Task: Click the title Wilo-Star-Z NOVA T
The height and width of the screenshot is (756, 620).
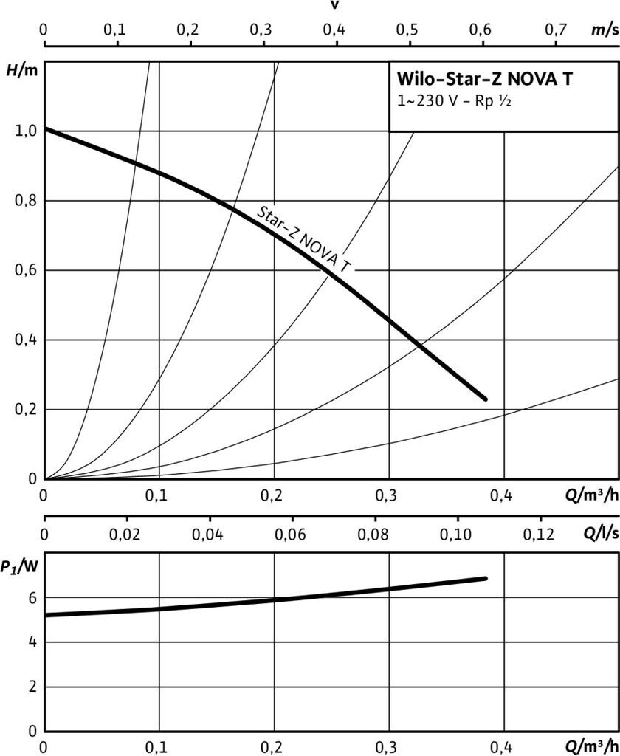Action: (x=484, y=79)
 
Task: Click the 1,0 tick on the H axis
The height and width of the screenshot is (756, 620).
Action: (x=24, y=131)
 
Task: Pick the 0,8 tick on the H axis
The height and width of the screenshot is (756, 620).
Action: (x=24, y=201)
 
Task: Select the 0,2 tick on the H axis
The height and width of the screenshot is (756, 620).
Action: (x=24, y=410)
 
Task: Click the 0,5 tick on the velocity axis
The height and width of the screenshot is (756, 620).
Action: (x=409, y=30)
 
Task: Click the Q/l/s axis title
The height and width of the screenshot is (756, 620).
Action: (x=599, y=533)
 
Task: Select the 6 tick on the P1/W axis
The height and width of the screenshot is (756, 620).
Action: (x=32, y=597)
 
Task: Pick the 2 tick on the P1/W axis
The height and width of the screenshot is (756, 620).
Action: (x=32, y=687)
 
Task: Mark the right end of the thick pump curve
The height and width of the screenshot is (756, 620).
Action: (x=485, y=399)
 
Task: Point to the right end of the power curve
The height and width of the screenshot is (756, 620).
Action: (x=485, y=578)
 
